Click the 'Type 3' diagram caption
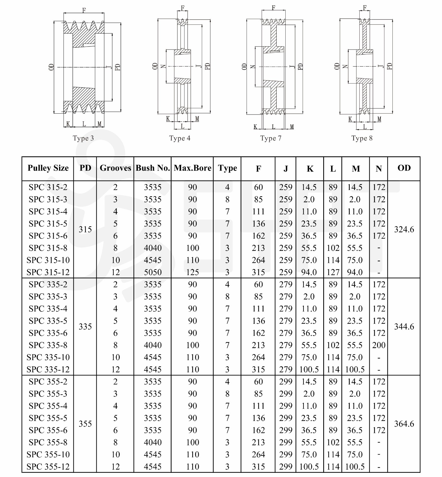click(83, 138)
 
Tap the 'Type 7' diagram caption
click(271, 138)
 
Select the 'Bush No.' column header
click(153, 168)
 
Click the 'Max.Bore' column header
click(192, 168)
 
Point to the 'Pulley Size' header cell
click(48, 168)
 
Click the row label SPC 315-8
click(48, 248)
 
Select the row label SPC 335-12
click(48, 369)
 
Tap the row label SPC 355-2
click(48, 382)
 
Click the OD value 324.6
click(404, 229)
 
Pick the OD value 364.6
click(404, 424)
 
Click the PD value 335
click(85, 327)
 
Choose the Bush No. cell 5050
click(153, 272)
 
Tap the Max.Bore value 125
click(192, 272)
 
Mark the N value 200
click(379, 345)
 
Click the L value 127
click(333, 272)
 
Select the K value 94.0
click(309, 272)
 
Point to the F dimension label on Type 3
click(84, 10)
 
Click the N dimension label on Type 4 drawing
click(163, 66)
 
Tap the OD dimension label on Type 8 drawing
click(337, 66)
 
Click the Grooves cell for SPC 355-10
click(115, 454)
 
